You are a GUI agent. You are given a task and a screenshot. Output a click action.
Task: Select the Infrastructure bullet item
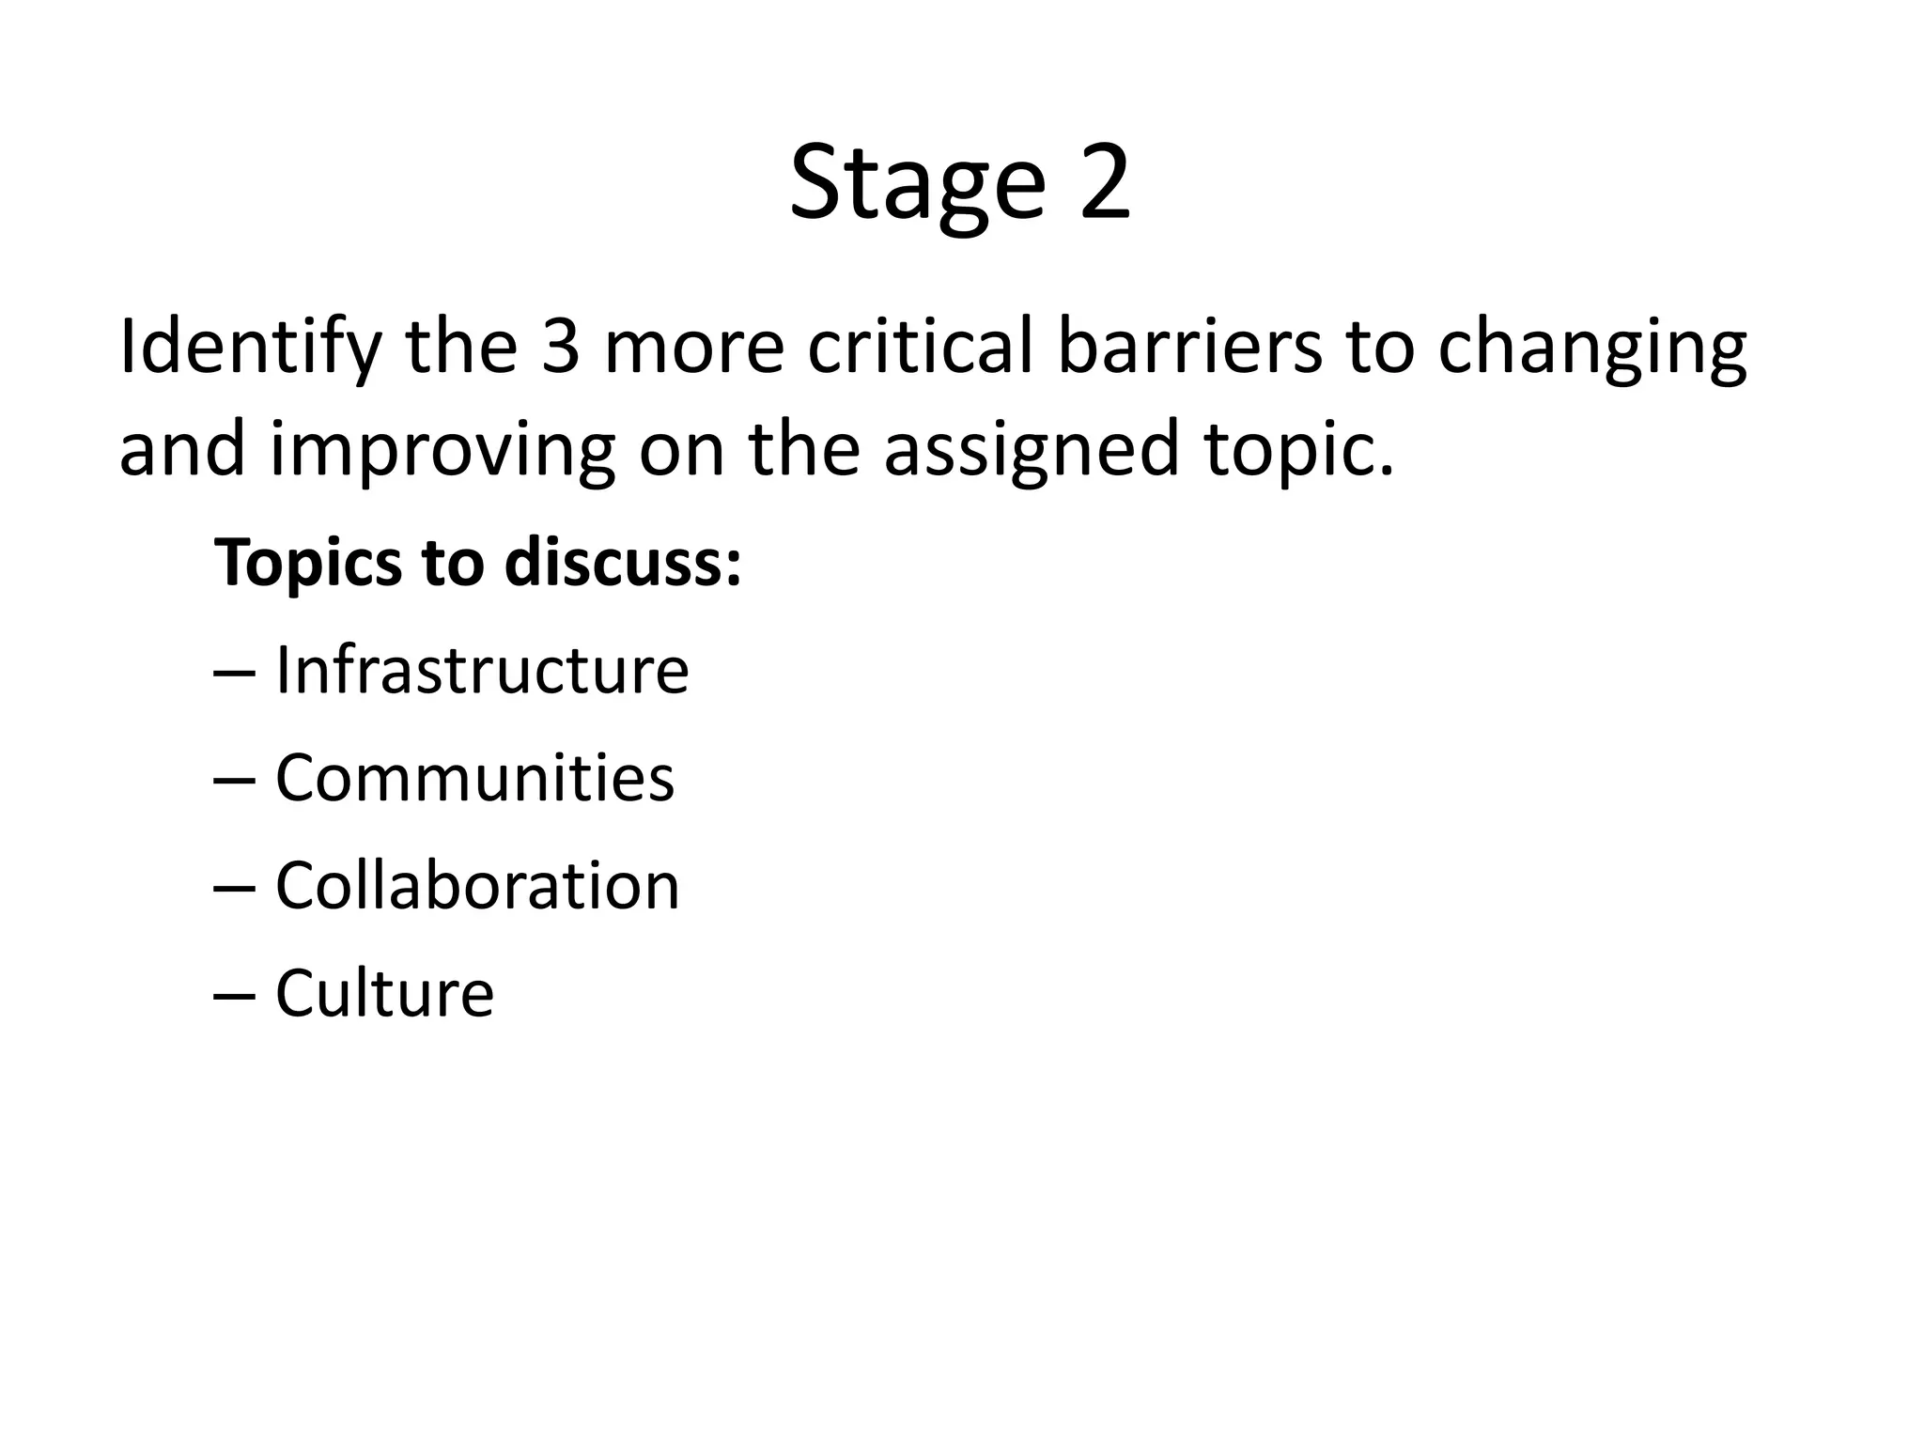482,671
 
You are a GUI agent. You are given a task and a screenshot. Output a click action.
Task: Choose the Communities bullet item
474,779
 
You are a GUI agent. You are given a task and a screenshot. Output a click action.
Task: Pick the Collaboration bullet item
477,886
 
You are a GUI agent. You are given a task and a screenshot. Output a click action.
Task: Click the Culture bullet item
384,994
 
